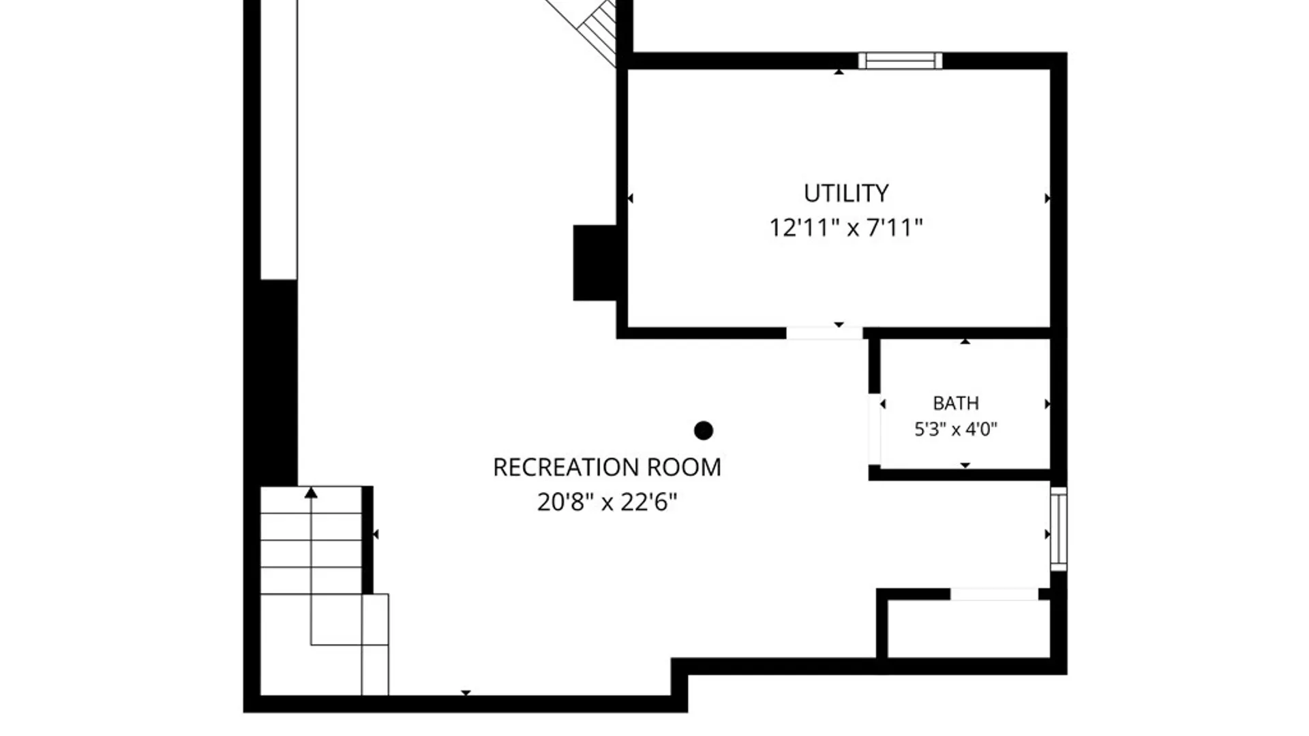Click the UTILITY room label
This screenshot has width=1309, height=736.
pos(846,194)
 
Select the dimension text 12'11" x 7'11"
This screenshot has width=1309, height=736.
pos(846,227)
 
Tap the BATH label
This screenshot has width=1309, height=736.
pos(956,403)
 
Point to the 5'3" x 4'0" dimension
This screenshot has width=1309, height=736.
pos(956,429)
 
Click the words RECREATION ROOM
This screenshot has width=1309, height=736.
pos(607,467)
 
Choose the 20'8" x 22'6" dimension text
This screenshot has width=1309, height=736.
pos(607,502)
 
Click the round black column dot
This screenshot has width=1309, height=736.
pos(704,431)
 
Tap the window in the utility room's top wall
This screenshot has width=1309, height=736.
pos(900,61)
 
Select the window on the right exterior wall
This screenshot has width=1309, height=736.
pos(1058,529)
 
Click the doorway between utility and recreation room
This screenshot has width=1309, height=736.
pos(824,333)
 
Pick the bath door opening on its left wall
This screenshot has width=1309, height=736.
pos(874,429)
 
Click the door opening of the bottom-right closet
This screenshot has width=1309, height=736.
pos(994,594)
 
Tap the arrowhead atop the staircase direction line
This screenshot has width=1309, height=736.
pos(311,492)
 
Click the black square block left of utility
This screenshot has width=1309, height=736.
pos(595,262)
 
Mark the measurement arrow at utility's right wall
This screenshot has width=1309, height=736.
pos(1047,198)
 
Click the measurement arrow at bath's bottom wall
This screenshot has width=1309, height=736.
pos(965,465)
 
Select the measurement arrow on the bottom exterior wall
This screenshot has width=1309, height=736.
pos(466,693)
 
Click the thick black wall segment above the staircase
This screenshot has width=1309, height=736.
pos(279,383)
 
